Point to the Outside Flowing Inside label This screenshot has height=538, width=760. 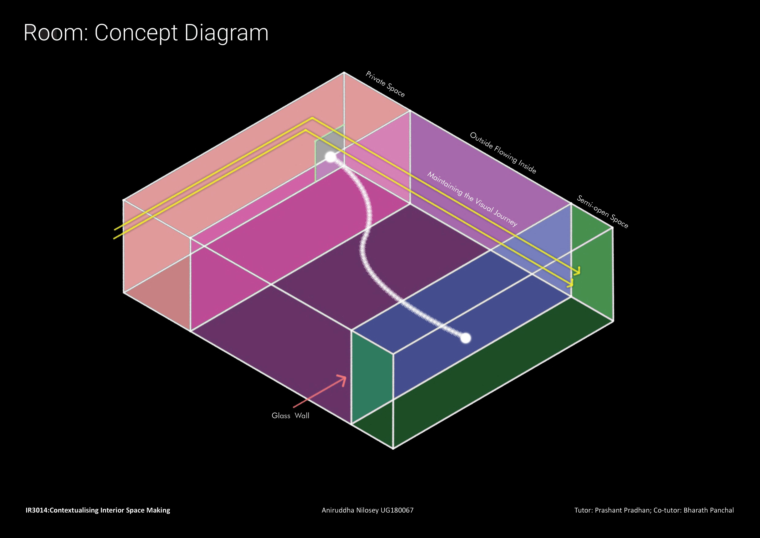tap(503, 153)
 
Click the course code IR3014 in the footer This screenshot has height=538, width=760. tap(36, 510)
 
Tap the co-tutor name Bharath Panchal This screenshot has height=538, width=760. tap(708, 510)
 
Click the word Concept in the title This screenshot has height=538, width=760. tap(136, 33)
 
